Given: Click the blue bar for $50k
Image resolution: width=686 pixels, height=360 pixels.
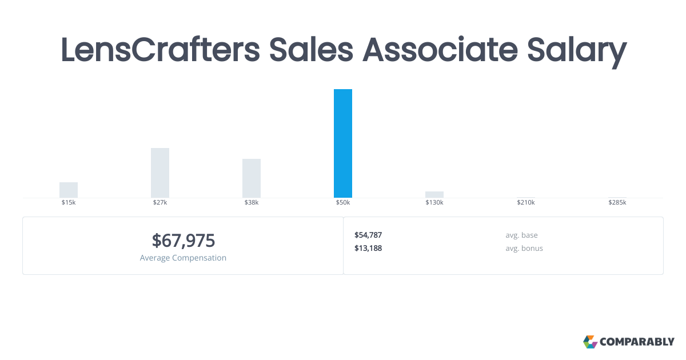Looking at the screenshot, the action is (x=342, y=143).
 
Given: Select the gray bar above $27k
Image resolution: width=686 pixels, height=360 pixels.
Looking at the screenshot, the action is (x=160, y=173).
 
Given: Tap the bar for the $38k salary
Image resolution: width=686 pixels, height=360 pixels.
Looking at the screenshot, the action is (x=252, y=178).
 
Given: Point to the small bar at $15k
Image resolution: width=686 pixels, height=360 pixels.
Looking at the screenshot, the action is (x=69, y=190).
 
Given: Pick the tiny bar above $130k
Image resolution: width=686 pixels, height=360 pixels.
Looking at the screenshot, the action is (x=434, y=195).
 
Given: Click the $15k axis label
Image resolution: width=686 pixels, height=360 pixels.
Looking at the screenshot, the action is (x=69, y=202).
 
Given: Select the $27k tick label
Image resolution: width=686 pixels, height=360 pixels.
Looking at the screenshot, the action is (x=160, y=202).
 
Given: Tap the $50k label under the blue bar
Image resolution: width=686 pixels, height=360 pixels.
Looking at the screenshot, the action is (x=342, y=202).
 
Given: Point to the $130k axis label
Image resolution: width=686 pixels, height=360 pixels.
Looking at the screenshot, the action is (x=434, y=202).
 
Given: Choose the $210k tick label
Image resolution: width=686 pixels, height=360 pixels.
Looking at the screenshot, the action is (x=526, y=202).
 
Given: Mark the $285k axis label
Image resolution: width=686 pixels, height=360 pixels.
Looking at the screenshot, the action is (x=617, y=202).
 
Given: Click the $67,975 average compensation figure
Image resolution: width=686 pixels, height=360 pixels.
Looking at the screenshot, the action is (x=183, y=241).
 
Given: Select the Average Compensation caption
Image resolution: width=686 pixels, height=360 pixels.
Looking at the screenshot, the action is (x=183, y=258).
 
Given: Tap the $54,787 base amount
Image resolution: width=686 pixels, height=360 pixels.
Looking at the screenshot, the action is (x=368, y=235).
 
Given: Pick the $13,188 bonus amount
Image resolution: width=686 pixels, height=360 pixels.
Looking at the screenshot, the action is (x=368, y=248).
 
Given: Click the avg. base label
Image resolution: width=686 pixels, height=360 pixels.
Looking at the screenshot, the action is (x=521, y=235).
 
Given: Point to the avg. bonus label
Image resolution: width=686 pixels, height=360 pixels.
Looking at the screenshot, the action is (x=524, y=248).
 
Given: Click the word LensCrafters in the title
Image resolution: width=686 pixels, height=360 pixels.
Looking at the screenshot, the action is (x=160, y=50).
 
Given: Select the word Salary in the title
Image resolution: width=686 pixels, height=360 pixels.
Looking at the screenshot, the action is (x=577, y=52).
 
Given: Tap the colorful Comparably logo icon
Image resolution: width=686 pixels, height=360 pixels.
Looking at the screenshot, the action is (x=590, y=342).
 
